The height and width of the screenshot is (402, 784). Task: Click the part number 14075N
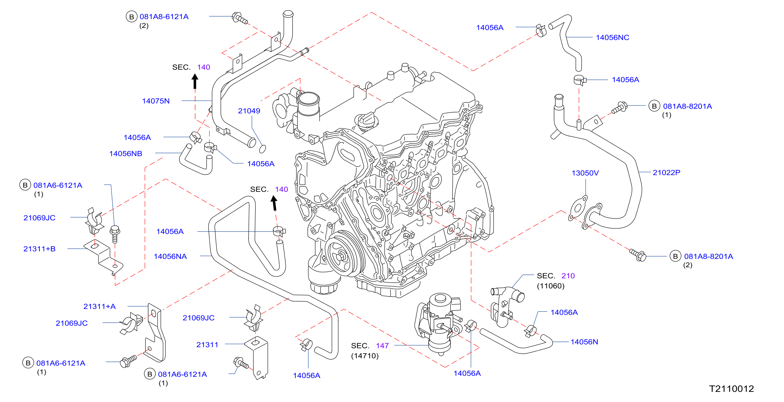[x=155, y=101]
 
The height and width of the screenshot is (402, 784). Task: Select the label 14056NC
[x=612, y=37]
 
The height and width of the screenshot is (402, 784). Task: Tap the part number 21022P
[x=666, y=173]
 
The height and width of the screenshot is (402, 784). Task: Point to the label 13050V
[x=585, y=173]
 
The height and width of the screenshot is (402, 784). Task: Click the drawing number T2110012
[x=731, y=389]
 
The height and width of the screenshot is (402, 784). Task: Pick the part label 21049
[x=249, y=111]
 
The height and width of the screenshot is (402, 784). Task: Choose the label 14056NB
[x=126, y=154]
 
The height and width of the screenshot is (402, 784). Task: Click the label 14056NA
[x=170, y=256]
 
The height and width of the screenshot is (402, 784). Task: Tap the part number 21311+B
[x=39, y=249]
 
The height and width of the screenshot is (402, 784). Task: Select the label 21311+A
[x=99, y=306]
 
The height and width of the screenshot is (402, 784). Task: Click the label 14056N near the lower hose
[x=584, y=342]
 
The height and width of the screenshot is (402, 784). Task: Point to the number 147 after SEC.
[x=382, y=346]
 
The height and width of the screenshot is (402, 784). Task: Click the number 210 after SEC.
[x=568, y=276]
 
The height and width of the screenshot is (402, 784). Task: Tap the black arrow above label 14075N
[x=195, y=81]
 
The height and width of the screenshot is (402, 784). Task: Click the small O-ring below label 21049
[x=262, y=149]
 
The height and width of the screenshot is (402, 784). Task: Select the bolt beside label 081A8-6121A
[x=240, y=18]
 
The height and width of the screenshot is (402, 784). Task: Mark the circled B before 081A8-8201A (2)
[x=675, y=256]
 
